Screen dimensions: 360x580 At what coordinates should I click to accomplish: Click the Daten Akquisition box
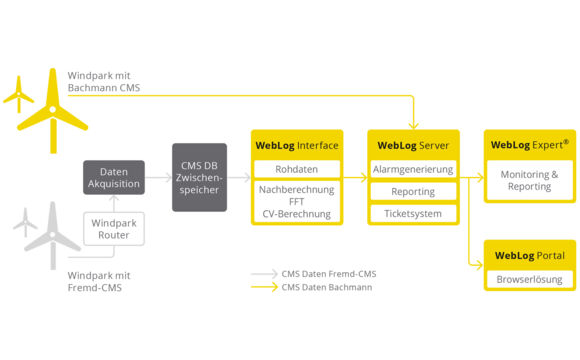114,177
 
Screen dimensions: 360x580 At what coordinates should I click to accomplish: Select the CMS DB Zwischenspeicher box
199,177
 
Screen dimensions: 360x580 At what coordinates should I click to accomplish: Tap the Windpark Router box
114,228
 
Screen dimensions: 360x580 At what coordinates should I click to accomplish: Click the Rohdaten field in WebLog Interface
296,168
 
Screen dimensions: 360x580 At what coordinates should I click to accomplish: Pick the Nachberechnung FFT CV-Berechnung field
296,201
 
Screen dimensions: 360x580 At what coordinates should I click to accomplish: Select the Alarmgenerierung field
413,168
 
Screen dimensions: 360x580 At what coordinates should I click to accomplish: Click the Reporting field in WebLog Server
413,191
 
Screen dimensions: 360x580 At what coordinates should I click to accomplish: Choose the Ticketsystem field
413,213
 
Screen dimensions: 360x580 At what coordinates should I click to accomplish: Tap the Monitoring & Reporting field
529,180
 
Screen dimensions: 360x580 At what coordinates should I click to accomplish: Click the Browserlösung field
529,279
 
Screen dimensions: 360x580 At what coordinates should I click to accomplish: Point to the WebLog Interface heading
296,145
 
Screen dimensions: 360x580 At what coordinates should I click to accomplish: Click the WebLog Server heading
413,145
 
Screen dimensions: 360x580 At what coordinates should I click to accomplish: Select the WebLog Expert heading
529,145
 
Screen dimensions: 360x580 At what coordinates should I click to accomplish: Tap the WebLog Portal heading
529,255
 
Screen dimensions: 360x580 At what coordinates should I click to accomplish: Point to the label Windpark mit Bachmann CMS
104,82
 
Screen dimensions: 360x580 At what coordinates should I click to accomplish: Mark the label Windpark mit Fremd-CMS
101,281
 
